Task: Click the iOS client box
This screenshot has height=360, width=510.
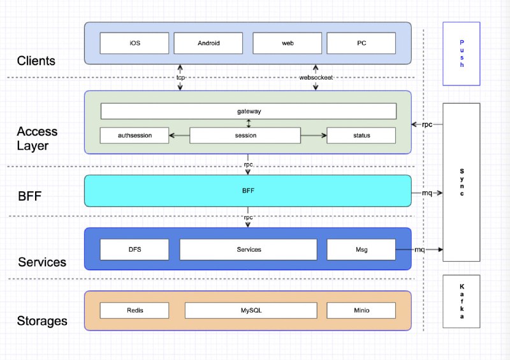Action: coord(135,43)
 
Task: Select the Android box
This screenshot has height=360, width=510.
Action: coord(208,43)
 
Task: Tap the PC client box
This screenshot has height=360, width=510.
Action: coord(361,43)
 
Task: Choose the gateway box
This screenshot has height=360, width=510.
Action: coord(249,112)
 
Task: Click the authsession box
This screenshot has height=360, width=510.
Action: coord(135,135)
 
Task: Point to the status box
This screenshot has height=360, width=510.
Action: coord(361,135)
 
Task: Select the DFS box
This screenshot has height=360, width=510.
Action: coord(135,249)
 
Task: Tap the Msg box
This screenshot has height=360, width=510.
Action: coord(361,249)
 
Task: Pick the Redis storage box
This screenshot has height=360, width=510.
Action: coord(135,310)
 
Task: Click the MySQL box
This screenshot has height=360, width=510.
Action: coord(251,310)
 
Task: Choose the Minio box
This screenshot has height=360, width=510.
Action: coord(361,310)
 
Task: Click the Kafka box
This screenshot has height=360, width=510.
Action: coord(461,301)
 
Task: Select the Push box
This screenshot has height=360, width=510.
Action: coord(461,54)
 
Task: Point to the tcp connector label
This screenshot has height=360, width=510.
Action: coord(180,77)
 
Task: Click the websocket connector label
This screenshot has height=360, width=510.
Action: coord(316,77)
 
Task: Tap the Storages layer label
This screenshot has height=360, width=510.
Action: coord(42,321)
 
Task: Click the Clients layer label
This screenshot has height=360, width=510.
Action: coord(36,61)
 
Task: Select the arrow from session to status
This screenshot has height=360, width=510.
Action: coord(314,135)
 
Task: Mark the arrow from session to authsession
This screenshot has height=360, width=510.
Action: coord(179,135)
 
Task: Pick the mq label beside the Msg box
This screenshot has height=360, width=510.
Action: coord(419,249)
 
